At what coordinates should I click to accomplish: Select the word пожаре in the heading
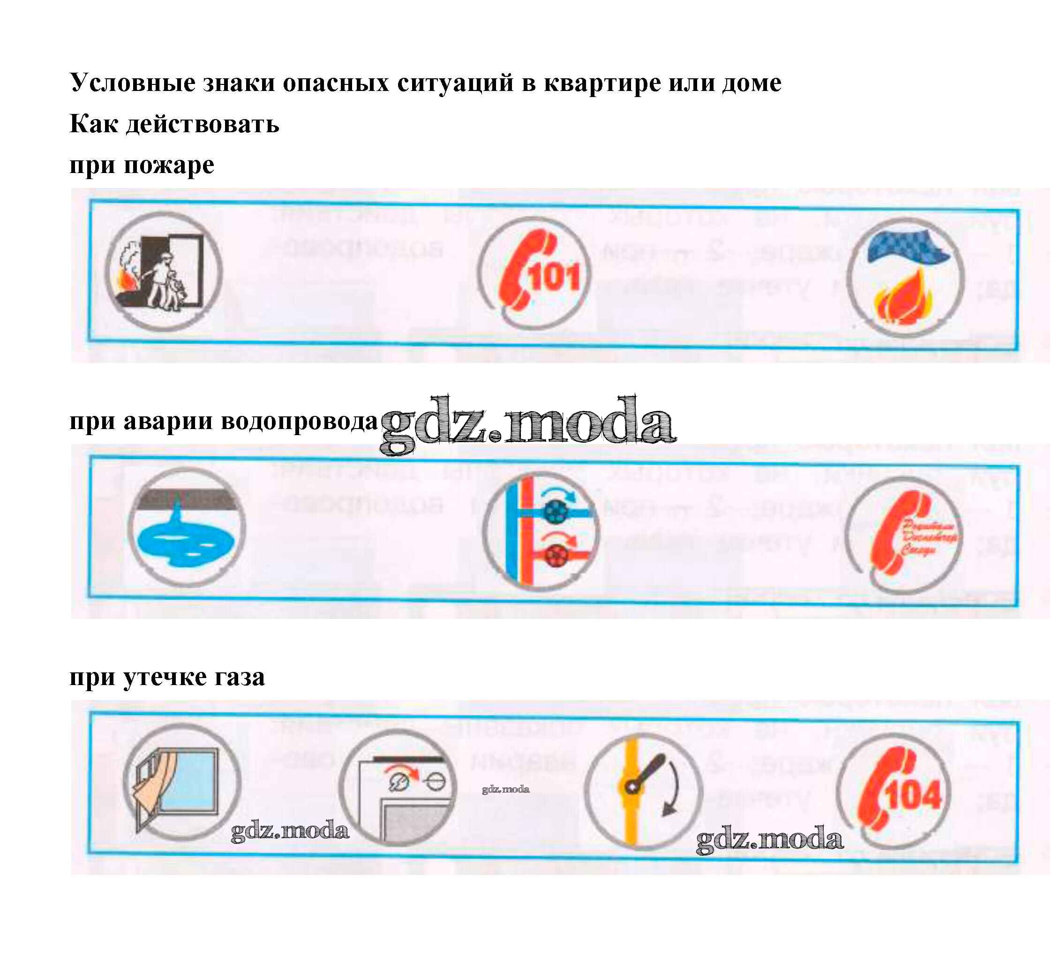(169, 166)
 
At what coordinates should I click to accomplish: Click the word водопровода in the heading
(299, 421)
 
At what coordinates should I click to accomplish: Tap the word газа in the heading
(239, 677)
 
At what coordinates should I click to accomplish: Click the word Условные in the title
(133, 83)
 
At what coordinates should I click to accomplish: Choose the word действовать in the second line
(203, 125)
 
